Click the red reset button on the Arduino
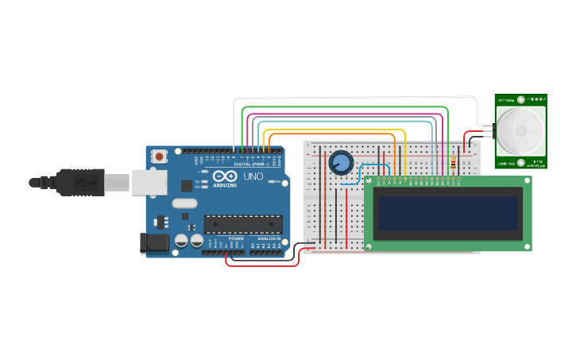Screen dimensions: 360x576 160,157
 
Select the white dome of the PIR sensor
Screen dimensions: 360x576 521,132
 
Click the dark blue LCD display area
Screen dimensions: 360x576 447,214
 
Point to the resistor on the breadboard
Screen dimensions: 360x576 454,165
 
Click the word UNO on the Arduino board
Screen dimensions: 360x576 253,176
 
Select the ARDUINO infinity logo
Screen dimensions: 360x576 224,176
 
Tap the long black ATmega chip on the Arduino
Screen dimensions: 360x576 243,225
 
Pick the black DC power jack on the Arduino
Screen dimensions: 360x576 154,243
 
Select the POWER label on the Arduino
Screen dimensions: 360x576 236,238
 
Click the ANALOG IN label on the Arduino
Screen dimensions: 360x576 269,238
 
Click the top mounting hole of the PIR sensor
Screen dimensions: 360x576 521,100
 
